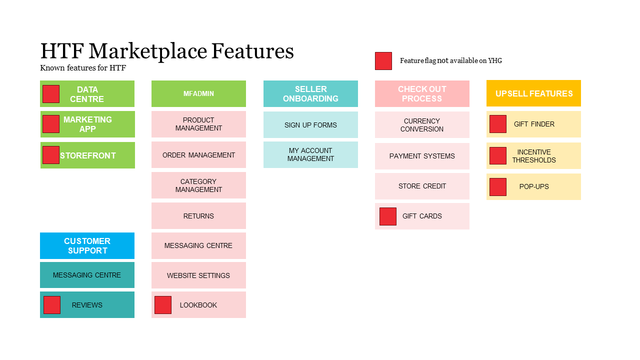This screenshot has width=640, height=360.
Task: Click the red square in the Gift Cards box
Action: (388, 216)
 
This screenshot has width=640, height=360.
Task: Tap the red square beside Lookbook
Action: (163, 305)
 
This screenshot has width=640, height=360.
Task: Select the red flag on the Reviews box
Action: (52, 305)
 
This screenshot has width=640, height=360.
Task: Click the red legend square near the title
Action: (383, 61)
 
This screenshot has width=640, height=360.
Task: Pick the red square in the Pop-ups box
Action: (498, 187)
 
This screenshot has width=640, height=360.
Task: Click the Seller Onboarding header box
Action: (310, 93)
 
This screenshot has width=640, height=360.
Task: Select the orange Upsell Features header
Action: (533, 93)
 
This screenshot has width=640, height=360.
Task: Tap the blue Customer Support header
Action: (87, 245)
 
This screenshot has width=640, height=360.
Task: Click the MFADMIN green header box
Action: (198, 93)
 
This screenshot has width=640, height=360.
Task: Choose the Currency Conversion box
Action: (422, 125)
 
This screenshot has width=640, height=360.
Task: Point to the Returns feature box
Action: (198, 216)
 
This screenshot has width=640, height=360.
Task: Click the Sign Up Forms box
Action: (310, 125)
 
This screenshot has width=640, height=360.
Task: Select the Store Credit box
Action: (422, 186)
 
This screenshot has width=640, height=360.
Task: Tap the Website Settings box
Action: (198, 275)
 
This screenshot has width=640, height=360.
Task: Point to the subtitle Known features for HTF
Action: (83, 68)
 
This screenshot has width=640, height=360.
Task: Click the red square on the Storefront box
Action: (51, 155)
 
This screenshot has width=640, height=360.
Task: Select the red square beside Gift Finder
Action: (498, 124)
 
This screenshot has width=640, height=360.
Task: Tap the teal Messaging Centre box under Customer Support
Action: (87, 275)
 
